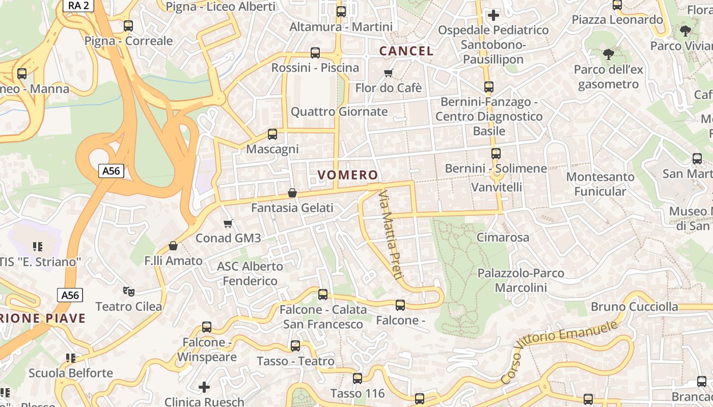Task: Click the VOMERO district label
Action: click(x=348, y=175)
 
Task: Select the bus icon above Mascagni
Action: click(x=272, y=134)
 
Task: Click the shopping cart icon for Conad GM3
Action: click(x=228, y=223)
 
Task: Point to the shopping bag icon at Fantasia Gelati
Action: click(x=292, y=193)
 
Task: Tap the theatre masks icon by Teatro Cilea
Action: click(x=129, y=292)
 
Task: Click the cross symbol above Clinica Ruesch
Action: click(x=204, y=387)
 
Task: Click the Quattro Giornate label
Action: click(x=339, y=111)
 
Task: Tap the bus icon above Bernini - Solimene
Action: click(x=496, y=153)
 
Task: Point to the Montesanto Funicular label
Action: click(x=600, y=184)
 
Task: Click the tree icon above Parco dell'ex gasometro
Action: click(x=608, y=54)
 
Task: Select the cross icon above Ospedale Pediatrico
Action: click(x=493, y=15)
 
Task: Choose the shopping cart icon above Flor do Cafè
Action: click(x=389, y=73)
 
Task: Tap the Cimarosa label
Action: click(x=503, y=237)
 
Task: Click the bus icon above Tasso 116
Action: click(x=358, y=379)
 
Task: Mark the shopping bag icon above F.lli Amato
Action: click(x=173, y=246)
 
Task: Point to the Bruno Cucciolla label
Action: click(x=635, y=307)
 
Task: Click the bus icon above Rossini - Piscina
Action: click(x=315, y=53)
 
